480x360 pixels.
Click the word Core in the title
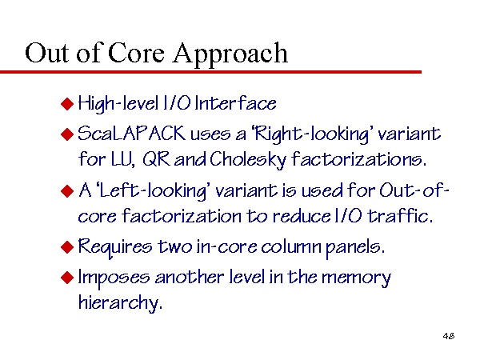136,53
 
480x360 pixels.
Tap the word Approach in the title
230,54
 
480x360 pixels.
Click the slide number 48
449,336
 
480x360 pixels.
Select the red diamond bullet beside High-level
67,104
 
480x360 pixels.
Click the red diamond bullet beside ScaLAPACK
67,134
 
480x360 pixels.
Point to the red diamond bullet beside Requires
67,247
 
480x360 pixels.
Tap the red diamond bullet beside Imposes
67,278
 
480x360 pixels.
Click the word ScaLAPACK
132,134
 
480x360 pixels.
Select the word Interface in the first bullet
235,103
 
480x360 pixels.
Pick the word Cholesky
248,160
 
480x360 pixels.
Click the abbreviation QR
156,159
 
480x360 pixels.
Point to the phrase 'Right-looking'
312,134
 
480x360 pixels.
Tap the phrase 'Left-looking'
153,191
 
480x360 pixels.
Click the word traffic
400,216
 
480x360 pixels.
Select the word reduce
302,216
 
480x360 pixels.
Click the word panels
355,248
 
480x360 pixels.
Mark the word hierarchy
120,303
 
